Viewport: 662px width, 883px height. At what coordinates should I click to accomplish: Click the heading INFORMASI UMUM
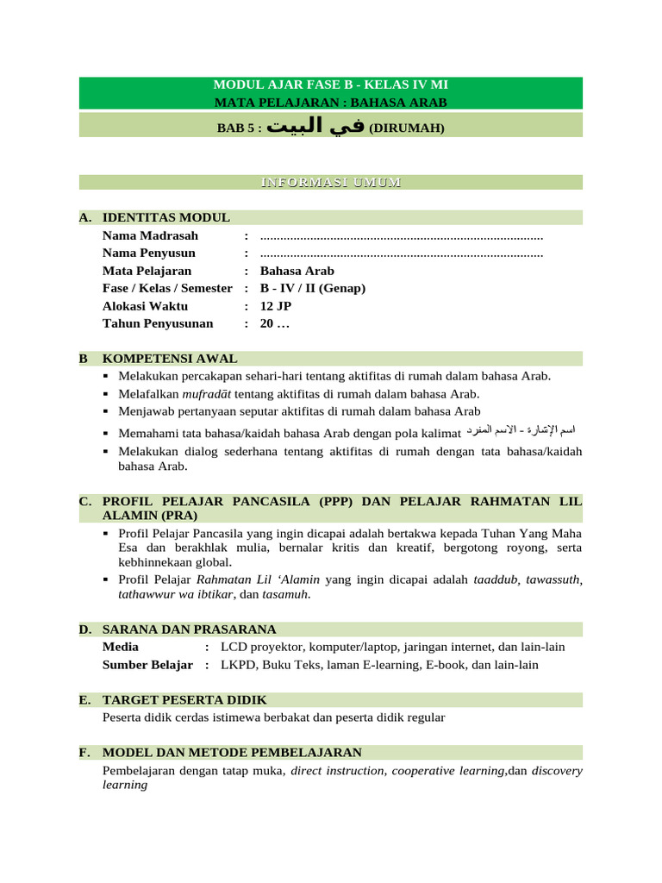tap(330, 183)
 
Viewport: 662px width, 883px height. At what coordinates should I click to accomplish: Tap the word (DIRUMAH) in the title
tap(406, 128)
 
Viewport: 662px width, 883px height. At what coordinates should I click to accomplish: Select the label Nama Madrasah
tap(150, 235)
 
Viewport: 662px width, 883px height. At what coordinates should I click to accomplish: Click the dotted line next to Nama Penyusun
tap(401, 254)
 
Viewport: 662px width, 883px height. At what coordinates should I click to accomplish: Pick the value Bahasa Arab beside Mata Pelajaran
tap(297, 271)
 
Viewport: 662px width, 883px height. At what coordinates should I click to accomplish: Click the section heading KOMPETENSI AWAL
tap(170, 359)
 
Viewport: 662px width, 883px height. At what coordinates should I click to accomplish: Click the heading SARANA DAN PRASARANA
tap(189, 629)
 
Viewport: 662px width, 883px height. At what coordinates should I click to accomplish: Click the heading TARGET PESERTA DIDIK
tap(184, 699)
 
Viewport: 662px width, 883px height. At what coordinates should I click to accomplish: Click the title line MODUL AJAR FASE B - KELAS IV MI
tap(330, 85)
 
